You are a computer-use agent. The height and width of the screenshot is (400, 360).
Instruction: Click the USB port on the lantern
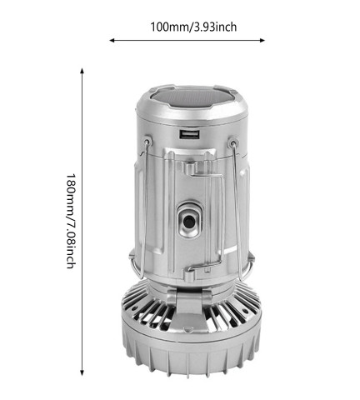point(189,134)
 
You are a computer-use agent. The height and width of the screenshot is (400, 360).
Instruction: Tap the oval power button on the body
point(190,220)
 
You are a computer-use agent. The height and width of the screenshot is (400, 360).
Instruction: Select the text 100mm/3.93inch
point(193,27)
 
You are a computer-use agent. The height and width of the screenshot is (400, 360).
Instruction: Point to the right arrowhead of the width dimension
point(268,39)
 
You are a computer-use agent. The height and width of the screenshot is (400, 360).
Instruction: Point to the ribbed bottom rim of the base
point(191,358)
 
